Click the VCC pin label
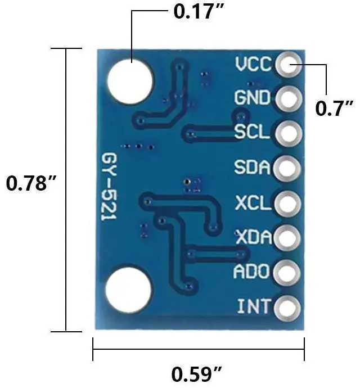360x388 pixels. point(253,65)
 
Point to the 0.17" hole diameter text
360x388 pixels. point(195,12)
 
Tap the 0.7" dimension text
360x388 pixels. point(334,107)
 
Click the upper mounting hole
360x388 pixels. point(130,81)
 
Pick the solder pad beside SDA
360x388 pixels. point(287,168)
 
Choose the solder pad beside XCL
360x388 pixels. point(287,202)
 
